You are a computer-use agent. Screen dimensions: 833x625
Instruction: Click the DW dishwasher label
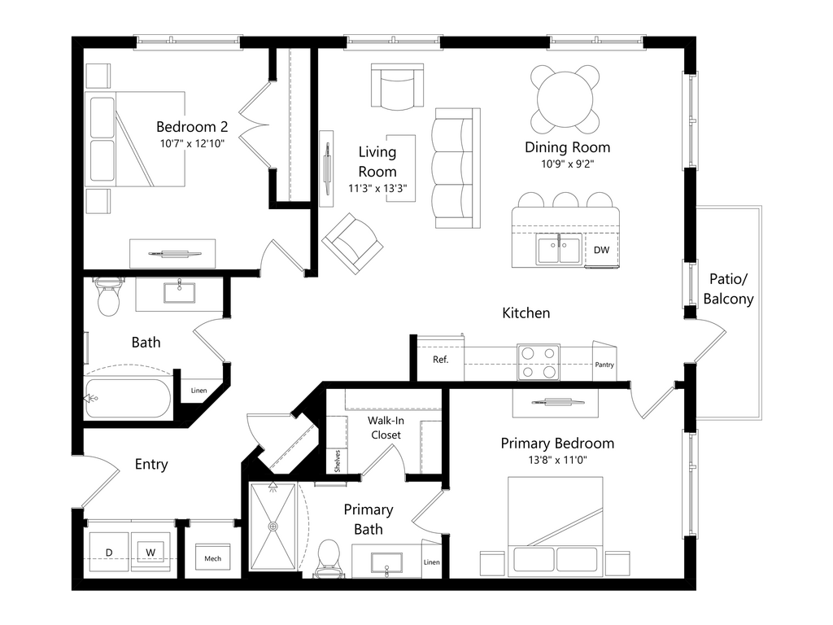[x=601, y=250]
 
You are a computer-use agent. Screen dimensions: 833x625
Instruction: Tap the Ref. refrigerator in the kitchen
[x=440, y=360]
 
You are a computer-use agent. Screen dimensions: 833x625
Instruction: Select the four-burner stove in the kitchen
[x=539, y=362]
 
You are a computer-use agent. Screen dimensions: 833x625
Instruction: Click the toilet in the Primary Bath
[x=328, y=558]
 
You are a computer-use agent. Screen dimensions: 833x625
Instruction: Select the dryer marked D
[x=109, y=553]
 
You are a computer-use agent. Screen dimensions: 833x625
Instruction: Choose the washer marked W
[x=150, y=553]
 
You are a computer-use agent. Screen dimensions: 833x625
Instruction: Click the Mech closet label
[x=212, y=558]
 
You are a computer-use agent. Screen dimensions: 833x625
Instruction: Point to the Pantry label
[x=604, y=365]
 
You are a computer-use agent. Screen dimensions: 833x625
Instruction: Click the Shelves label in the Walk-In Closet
[x=337, y=461]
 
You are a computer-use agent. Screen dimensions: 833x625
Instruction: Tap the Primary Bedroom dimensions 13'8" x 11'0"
[x=556, y=460]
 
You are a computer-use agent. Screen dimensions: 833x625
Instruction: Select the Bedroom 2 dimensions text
[x=191, y=143]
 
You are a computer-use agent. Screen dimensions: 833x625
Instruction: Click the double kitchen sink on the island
[x=559, y=249]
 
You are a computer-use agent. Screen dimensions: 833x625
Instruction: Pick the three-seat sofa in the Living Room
[x=452, y=168]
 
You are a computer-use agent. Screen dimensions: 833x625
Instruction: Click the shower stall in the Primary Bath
[x=273, y=527]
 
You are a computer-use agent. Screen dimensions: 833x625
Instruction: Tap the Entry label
[x=151, y=465]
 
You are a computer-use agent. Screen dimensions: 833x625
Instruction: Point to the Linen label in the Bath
[x=199, y=391]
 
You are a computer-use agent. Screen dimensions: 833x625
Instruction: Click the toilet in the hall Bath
[x=108, y=298]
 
